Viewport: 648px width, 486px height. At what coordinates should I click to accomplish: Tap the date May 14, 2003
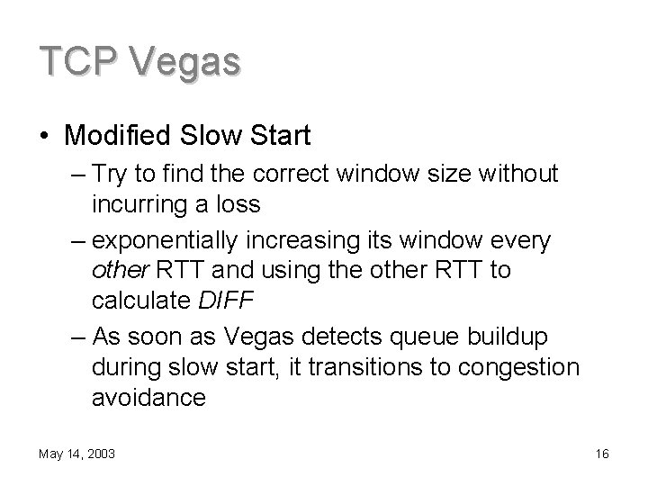click(x=76, y=454)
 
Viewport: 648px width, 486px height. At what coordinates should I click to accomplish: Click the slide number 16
click(x=602, y=454)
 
